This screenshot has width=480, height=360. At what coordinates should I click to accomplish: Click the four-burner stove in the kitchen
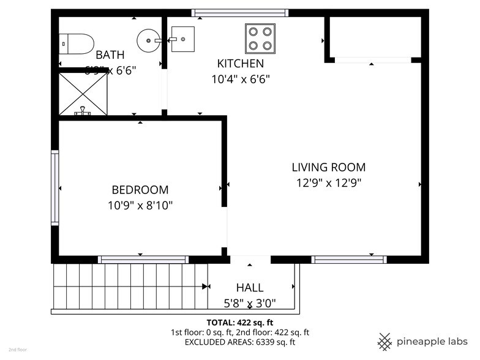point(260,37)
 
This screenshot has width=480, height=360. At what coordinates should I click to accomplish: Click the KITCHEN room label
point(241,64)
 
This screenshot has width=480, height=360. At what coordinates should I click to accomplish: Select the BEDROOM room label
point(140,190)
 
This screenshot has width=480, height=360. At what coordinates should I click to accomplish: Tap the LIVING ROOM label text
point(328,167)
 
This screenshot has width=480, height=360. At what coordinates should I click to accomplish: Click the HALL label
point(250,288)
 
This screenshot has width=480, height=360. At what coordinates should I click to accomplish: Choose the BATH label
point(110,55)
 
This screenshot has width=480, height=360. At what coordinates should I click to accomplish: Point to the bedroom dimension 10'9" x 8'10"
point(140,206)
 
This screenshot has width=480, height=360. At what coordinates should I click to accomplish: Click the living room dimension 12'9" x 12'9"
point(328,182)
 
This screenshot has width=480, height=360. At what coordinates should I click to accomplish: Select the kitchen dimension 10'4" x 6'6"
point(241,79)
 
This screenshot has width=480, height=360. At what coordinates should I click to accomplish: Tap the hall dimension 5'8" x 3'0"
point(250,302)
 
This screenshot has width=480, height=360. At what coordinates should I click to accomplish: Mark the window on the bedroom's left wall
point(55,188)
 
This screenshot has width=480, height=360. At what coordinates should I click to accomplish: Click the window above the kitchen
point(239,12)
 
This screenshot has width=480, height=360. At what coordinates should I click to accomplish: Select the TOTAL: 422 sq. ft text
point(240,322)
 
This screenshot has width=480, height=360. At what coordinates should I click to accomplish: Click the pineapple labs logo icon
point(384,341)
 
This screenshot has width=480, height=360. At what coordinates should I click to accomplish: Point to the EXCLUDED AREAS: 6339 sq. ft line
point(240,342)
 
